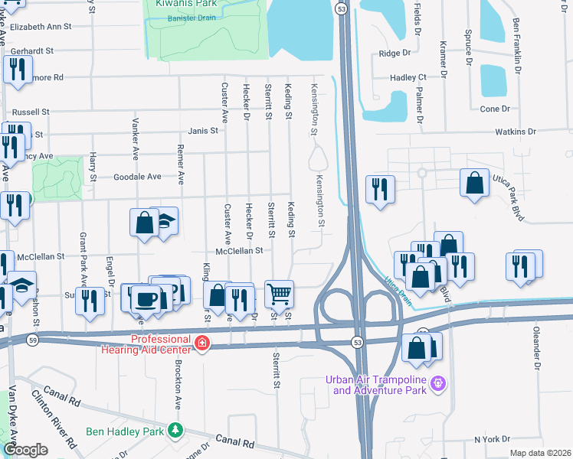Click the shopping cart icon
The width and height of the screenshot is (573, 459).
(x=280, y=293)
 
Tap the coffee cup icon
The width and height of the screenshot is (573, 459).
(x=146, y=298)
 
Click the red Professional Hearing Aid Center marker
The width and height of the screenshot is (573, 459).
(x=201, y=344)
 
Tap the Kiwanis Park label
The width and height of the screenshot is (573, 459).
(x=185, y=5)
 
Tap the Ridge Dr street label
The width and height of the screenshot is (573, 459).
(x=395, y=54)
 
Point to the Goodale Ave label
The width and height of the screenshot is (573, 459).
(x=137, y=176)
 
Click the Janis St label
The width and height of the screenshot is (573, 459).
(x=203, y=130)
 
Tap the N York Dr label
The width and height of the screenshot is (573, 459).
(x=492, y=439)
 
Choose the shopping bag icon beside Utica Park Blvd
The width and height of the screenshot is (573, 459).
(x=475, y=184)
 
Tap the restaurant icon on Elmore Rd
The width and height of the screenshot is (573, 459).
(x=15, y=70)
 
